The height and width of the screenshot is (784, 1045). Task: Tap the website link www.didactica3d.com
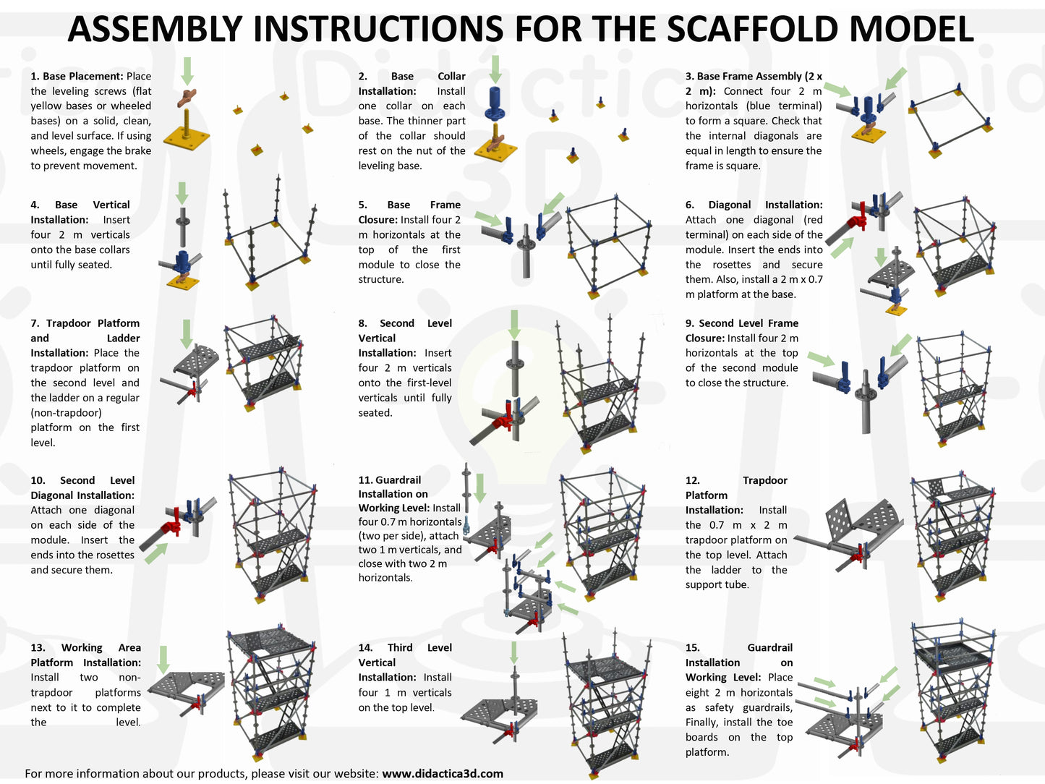click(x=442, y=773)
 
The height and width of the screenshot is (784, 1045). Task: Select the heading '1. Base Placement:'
click(x=77, y=76)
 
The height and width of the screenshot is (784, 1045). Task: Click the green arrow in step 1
click(x=187, y=72)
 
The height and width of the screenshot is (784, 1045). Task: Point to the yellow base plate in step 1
click(x=187, y=137)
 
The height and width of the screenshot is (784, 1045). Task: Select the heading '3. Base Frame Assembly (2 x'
click(x=754, y=76)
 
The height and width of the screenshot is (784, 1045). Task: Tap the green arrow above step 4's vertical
click(x=182, y=193)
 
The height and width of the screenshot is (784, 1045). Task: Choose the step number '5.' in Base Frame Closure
click(x=363, y=205)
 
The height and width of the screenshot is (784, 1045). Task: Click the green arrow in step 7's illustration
click(x=187, y=333)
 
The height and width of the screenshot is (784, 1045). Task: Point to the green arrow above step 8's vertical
click(x=514, y=325)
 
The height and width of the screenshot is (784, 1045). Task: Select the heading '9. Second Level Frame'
click(x=741, y=323)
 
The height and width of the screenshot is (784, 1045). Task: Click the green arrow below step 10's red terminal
click(x=156, y=553)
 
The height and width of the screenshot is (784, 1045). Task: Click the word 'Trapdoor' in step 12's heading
click(x=764, y=480)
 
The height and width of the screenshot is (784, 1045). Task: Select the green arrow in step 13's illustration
click(x=163, y=659)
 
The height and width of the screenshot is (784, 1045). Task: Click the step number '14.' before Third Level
click(x=366, y=647)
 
